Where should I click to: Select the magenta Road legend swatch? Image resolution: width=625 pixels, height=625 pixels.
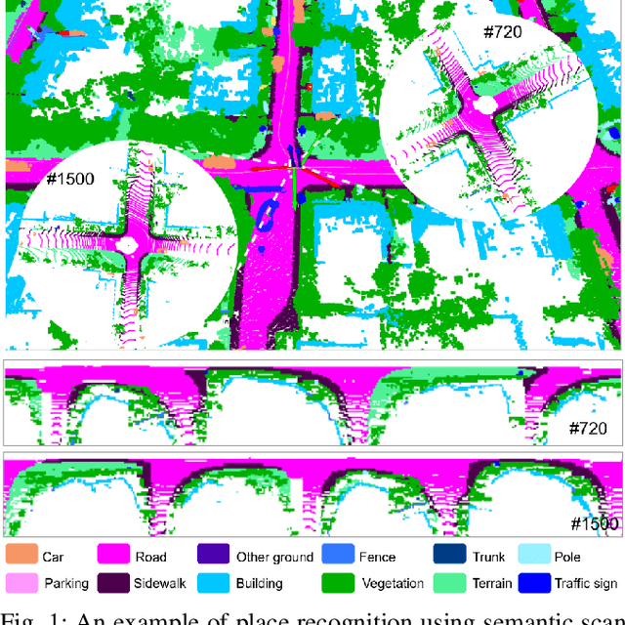tap(117, 557)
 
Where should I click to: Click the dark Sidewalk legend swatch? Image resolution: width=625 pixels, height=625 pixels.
tap(117, 583)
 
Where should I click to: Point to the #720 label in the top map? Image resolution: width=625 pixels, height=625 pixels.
tap(503, 31)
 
